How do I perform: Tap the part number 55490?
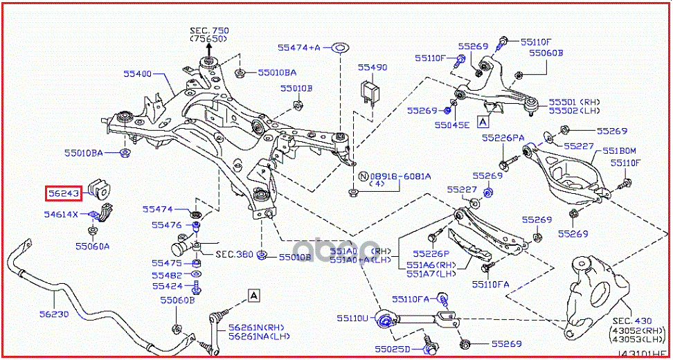373,68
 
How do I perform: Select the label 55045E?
452,125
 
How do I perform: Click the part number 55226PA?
503,138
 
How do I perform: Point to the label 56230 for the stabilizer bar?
53,313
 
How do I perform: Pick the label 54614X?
61,215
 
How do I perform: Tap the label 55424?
168,286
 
